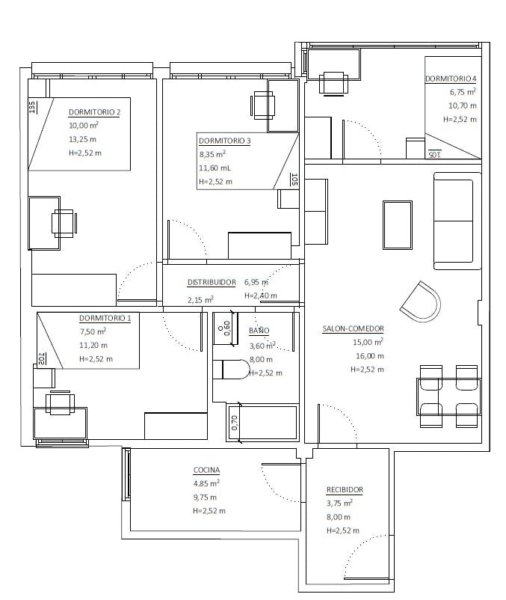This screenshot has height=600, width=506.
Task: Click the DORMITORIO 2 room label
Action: click(x=94, y=112)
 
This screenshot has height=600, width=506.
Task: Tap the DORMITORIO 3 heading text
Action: click(x=225, y=141)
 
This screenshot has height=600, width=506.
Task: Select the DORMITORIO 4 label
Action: click(x=451, y=79)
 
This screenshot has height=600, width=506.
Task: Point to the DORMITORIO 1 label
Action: click(x=105, y=318)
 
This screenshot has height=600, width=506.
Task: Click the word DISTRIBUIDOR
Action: click(x=212, y=282)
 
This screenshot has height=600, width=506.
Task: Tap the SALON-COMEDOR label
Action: click(x=353, y=328)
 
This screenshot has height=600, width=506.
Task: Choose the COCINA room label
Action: click(x=206, y=470)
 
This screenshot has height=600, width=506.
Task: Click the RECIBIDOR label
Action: click(x=345, y=490)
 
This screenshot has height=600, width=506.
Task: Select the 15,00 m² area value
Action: click(x=368, y=342)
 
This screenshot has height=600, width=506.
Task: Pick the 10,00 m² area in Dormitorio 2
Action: click(x=84, y=125)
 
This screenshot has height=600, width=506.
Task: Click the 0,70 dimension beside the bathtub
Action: click(x=235, y=423)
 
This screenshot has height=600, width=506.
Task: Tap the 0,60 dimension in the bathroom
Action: click(x=226, y=328)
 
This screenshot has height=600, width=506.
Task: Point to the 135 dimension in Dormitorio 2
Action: click(x=32, y=107)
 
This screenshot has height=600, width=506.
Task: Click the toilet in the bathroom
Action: click(x=231, y=370)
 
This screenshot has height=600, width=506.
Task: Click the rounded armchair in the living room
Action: click(x=421, y=302)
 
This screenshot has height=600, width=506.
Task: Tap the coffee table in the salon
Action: click(x=398, y=225)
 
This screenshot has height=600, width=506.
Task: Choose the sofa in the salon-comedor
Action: click(x=457, y=221)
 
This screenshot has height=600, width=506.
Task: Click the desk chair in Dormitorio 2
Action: click(x=64, y=223)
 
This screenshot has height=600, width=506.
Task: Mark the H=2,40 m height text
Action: click(x=261, y=296)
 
